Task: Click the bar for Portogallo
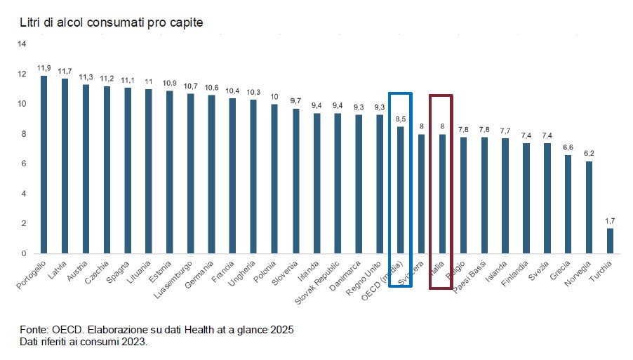coord(44,164)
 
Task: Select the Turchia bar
coord(610,241)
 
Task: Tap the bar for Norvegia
coord(589,207)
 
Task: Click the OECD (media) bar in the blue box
coord(400,189)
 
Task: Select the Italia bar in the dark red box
coord(442,194)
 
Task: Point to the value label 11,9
coord(44,68)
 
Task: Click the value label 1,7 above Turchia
coord(610,220)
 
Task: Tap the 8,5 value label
coord(400,119)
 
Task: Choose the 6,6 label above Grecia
coord(568,147)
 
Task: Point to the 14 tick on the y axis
coord(22,44)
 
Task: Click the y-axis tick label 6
coord(24,164)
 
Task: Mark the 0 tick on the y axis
coord(24,253)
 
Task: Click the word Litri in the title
coord(29,24)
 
